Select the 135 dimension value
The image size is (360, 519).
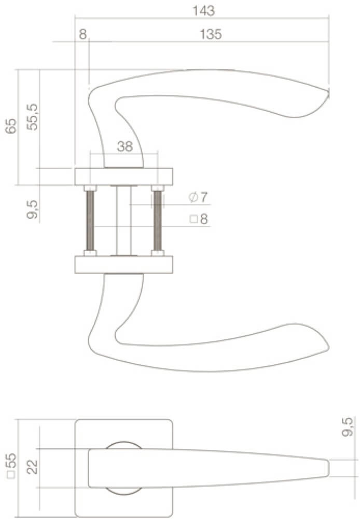pyautogui.click(x=211, y=34)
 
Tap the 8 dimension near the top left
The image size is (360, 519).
pyautogui.click(x=82, y=34)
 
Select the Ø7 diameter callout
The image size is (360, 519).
pyautogui.click(x=198, y=197)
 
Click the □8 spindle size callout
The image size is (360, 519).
pyautogui.click(x=198, y=219)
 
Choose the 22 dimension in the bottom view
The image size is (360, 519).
pyautogui.click(x=32, y=468)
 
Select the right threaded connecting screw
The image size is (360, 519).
pyautogui.click(x=157, y=221)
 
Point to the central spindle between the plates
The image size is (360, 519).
pyautogui.click(x=123, y=221)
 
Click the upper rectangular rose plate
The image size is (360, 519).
pyautogui.click(x=124, y=176)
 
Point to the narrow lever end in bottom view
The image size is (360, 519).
pyautogui.click(x=327, y=468)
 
